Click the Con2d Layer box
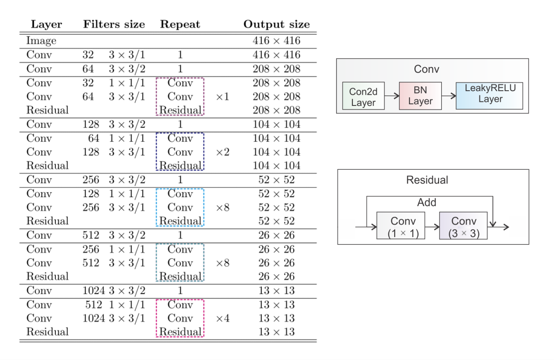(363, 97)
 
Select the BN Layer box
(420, 96)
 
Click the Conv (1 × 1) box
(400, 226)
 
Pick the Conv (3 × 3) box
(463, 226)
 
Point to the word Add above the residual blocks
(426, 202)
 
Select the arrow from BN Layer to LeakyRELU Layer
(448, 96)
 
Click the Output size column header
(276, 24)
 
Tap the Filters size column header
(114, 24)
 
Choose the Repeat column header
(180, 24)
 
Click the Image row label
(41, 41)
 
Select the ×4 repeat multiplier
(223, 318)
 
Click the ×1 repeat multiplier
(223, 97)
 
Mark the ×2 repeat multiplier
(223, 152)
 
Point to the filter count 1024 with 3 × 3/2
(93, 290)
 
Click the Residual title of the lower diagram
(427, 180)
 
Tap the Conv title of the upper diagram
(426, 69)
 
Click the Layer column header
(46, 24)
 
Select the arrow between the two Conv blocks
(432, 226)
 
